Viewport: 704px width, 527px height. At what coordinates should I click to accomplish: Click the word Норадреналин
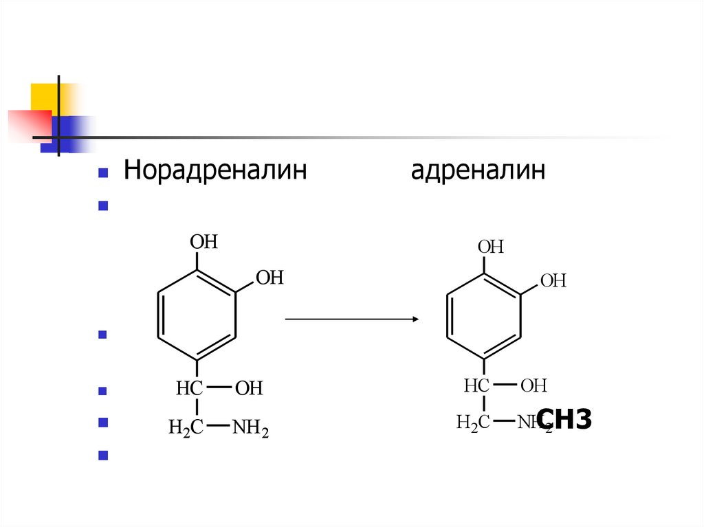(x=214, y=170)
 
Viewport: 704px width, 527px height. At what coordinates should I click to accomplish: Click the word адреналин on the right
(x=478, y=170)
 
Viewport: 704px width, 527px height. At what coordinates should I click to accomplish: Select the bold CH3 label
(x=564, y=418)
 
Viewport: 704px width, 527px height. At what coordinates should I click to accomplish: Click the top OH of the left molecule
(x=203, y=242)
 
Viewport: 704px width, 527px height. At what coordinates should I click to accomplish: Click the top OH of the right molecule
(x=491, y=247)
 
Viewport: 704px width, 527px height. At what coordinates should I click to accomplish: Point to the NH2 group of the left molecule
(x=250, y=430)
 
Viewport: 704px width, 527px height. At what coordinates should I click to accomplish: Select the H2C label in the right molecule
(x=473, y=422)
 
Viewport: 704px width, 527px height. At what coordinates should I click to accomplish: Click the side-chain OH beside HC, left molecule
(x=249, y=389)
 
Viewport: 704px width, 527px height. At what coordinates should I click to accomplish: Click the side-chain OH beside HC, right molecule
(x=533, y=385)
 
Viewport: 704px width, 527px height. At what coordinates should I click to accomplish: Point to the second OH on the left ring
(x=269, y=278)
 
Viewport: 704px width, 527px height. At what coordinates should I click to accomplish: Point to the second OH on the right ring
(x=553, y=280)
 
